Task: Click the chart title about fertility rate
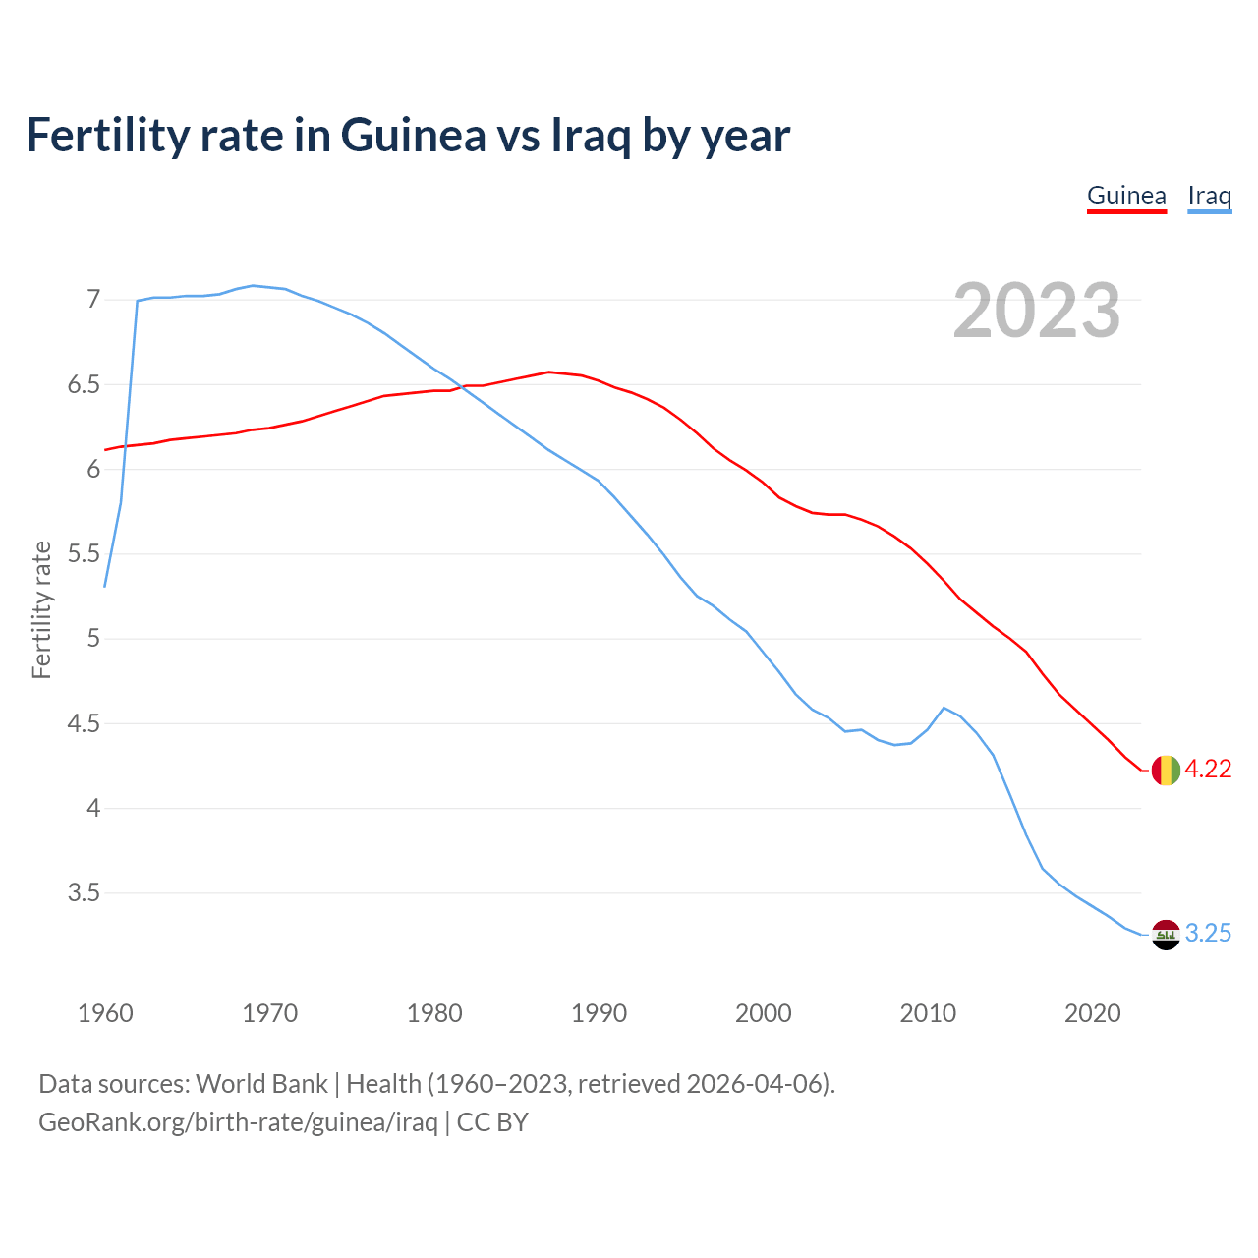pos(408,136)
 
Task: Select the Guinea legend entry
pos(1126,196)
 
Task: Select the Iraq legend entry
pos(1209,196)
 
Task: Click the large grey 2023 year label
pos(1036,311)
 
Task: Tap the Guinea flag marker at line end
pos(1166,771)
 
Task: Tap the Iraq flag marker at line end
pos(1166,935)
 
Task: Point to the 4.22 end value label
pos(1208,770)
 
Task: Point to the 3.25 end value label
pos(1208,934)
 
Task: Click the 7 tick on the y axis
pos(93,299)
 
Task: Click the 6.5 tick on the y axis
pos(84,384)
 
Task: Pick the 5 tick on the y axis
pos(93,639)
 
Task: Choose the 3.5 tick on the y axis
pos(84,893)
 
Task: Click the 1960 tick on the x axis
pos(105,1013)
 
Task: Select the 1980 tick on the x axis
pos(434,1013)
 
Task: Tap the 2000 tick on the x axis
pos(763,1013)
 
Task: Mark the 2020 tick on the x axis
pos(1092,1013)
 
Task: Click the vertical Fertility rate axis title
pos(41,609)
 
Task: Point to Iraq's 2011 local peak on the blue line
pos(943,708)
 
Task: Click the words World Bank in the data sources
pos(261,1084)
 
